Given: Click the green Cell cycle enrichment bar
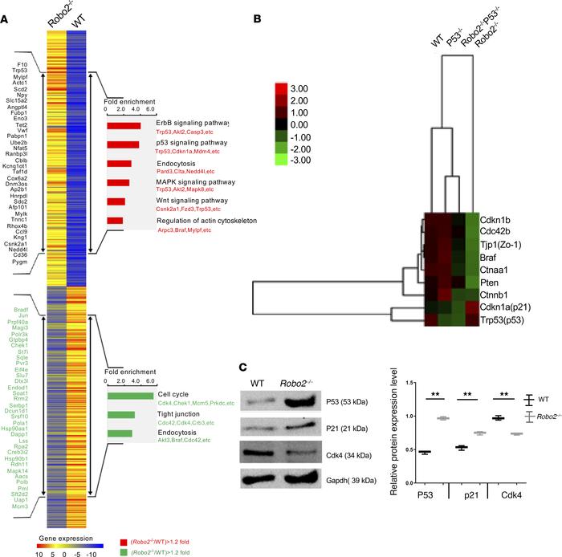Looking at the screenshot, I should pos(130,395).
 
